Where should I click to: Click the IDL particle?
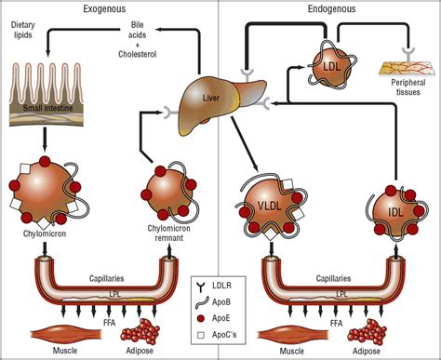[x=395, y=211]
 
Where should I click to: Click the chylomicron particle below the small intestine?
[x=45, y=192]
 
